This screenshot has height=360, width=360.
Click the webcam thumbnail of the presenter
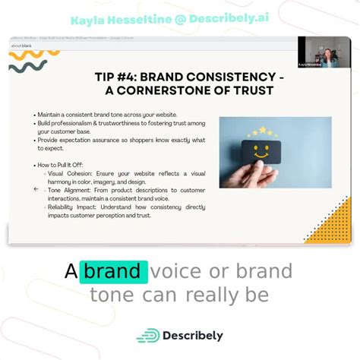(324, 52)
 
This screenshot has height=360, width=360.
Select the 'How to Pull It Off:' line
(62, 164)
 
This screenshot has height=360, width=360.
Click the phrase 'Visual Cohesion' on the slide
(70, 172)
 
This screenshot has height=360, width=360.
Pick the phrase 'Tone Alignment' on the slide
(71, 190)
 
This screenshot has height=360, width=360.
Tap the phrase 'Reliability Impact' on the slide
(74, 207)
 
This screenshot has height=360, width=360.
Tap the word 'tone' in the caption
(112, 295)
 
